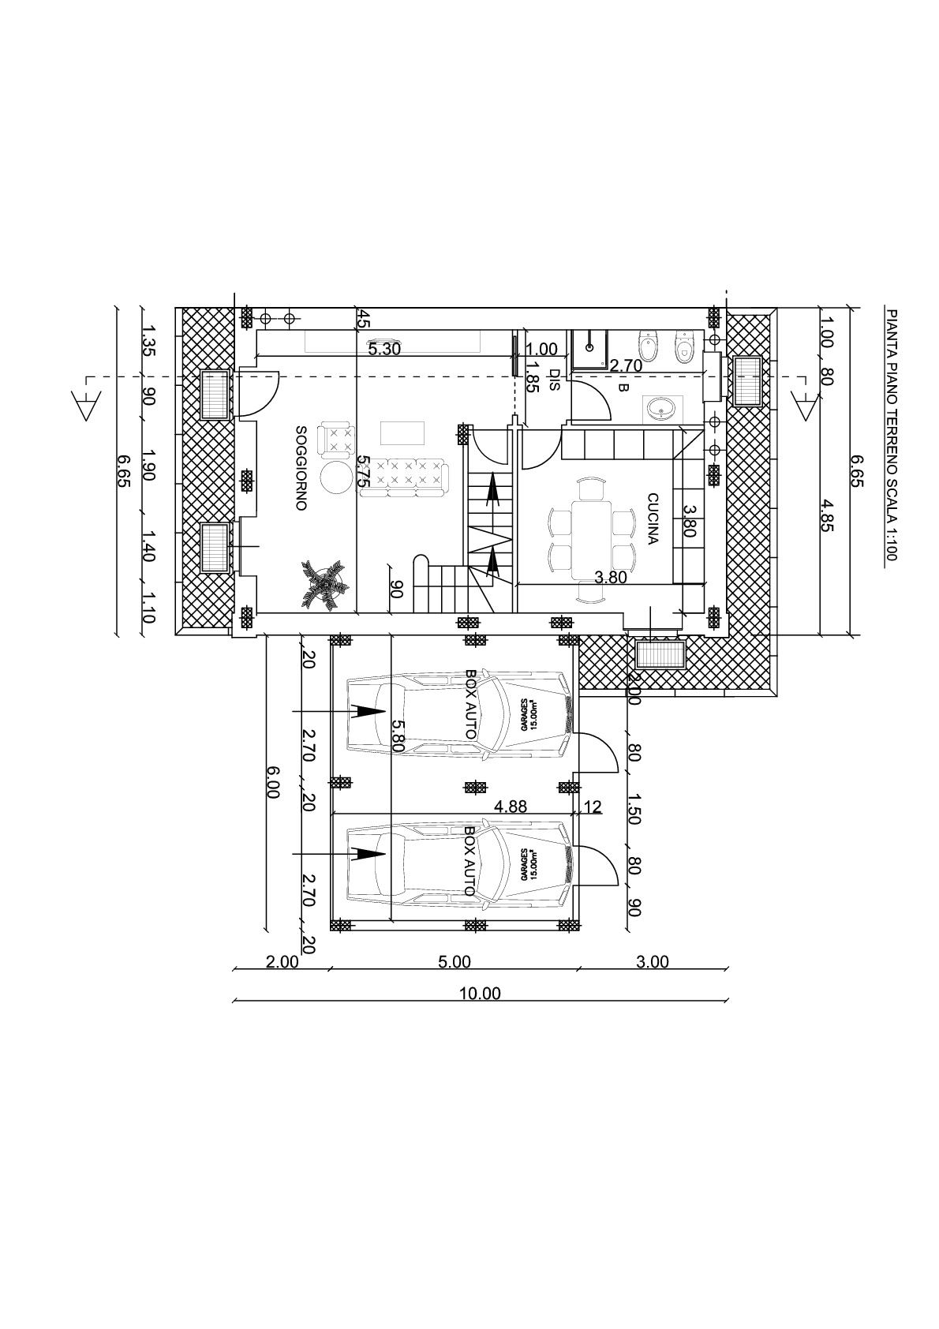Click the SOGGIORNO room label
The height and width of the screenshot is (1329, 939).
point(301,469)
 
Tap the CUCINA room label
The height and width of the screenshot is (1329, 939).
point(653,519)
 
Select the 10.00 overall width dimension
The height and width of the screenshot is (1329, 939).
point(480,994)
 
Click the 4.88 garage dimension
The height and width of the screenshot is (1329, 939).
point(510,807)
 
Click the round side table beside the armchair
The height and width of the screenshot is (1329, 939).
point(338,477)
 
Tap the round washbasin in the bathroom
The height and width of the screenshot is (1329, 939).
point(659,409)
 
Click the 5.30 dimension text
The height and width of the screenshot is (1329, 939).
point(384,350)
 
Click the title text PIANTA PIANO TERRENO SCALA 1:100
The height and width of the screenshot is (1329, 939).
point(892,434)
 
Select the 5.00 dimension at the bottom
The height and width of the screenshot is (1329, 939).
point(454,962)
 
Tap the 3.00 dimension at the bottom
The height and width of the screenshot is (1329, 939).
point(652,962)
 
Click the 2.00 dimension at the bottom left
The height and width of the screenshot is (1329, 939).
point(282,962)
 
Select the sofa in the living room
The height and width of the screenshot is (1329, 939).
point(404,477)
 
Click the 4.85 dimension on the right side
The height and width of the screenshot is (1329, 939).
point(826,515)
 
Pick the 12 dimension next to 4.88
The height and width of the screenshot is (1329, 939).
point(593,807)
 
